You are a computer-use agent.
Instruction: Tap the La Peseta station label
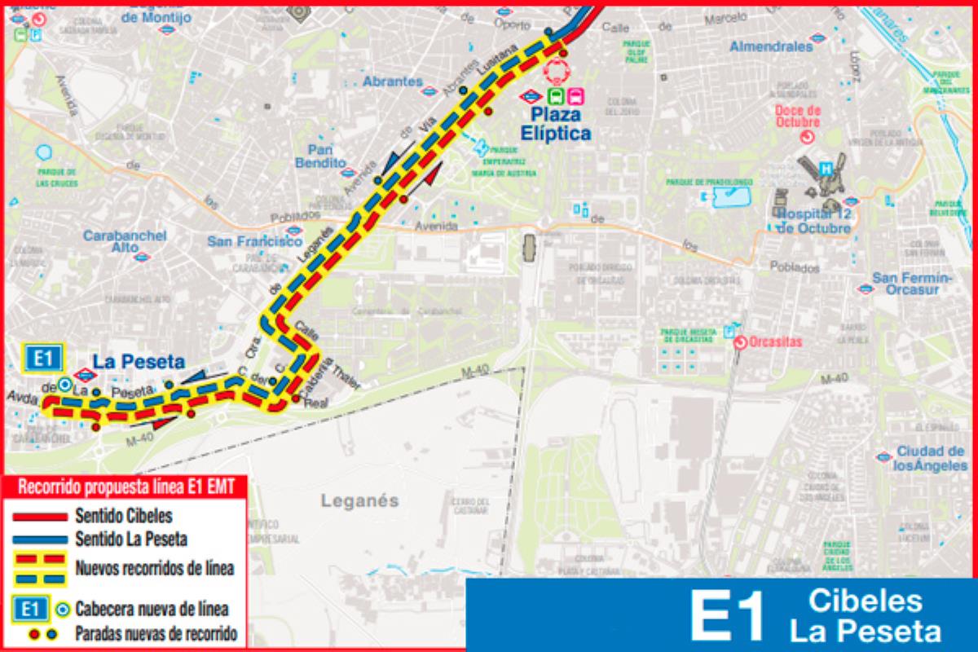tap(138, 361)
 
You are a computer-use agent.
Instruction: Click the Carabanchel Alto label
tap(125, 241)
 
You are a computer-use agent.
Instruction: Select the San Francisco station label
tap(255, 241)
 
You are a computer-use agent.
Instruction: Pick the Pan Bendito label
tap(326, 156)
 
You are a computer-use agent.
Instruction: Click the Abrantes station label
tap(393, 81)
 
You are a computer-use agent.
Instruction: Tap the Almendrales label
tap(771, 46)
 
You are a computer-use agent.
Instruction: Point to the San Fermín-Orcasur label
tap(912, 283)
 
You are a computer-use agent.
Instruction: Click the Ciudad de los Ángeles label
tap(930, 458)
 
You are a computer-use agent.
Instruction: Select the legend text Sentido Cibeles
tap(123, 516)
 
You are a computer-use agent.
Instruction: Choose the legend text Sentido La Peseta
tap(131, 539)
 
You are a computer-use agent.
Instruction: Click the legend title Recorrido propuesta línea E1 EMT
tap(126, 487)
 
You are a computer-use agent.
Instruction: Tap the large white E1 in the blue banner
tap(726, 616)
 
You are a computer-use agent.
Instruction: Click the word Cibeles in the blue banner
tap(866, 601)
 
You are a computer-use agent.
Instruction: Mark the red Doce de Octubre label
tap(798, 115)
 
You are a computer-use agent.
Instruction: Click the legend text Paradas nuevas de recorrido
tap(156, 633)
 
